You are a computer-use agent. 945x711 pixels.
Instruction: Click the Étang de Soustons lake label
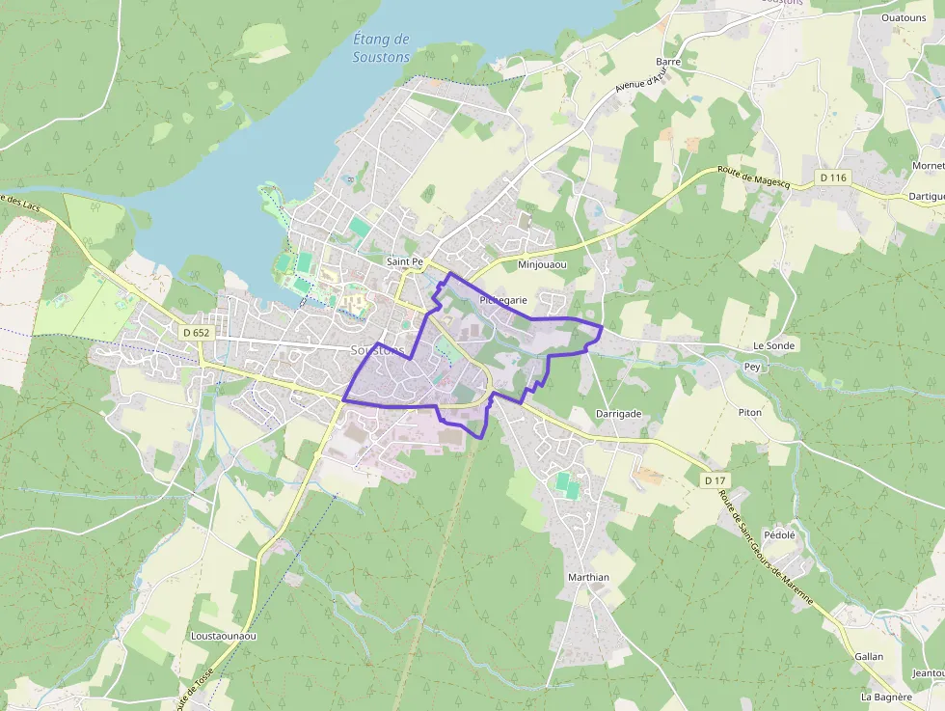(382, 48)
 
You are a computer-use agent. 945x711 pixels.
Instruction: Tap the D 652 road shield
(196, 333)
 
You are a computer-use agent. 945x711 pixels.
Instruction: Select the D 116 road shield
(833, 178)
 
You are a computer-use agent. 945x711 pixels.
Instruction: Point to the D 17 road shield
(715, 480)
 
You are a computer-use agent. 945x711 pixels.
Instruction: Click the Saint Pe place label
(405, 261)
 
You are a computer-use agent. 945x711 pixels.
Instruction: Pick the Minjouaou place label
(542, 264)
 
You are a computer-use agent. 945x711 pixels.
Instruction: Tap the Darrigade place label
(618, 413)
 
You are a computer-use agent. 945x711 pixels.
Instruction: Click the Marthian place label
(588, 577)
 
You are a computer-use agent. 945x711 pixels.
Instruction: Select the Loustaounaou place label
(224, 636)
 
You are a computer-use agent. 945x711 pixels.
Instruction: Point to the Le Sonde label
(772, 345)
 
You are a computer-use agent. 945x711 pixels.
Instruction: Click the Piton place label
(749, 412)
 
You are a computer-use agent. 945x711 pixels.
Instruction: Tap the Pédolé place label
(779, 534)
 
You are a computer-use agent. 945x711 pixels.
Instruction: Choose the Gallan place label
(869, 656)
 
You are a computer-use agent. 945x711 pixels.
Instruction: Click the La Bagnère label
(887, 697)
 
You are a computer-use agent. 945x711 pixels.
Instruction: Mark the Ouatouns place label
(904, 17)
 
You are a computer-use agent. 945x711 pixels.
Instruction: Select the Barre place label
(668, 62)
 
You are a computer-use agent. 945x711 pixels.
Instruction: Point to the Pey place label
(752, 367)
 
